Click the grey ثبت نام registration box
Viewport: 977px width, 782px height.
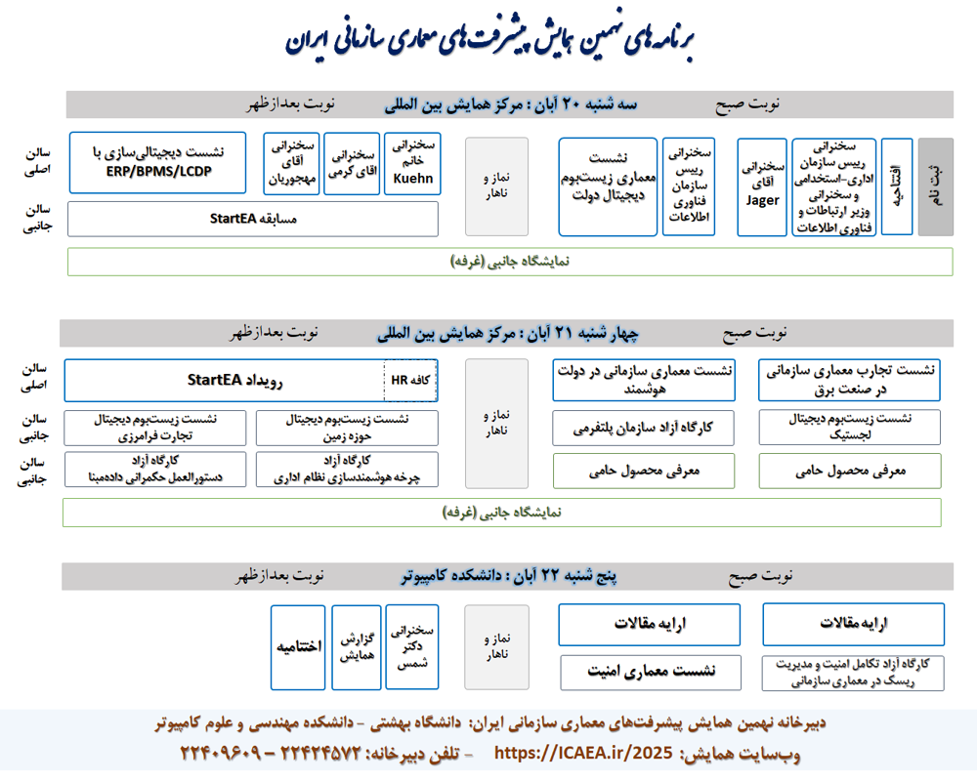click(935, 186)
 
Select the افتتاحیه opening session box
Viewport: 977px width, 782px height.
click(897, 186)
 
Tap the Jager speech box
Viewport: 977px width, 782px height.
click(762, 186)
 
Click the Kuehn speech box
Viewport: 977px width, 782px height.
click(412, 163)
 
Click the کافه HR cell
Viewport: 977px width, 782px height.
click(408, 380)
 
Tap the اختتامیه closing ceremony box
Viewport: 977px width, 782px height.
click(299, 647)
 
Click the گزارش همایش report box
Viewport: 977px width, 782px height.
click(357, 647)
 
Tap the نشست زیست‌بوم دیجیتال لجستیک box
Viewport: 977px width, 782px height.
click(850, 427)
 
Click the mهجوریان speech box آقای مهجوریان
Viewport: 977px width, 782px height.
click(291, 163)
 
